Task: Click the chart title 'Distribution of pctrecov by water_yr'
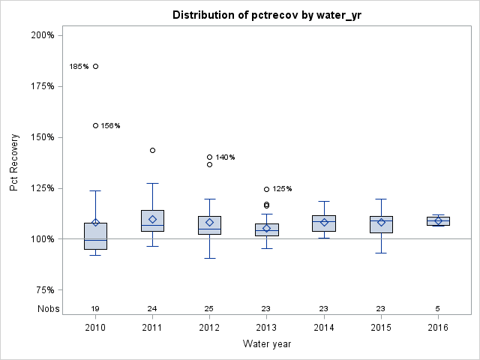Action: coord(266,15)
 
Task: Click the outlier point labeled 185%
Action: coord(95,67)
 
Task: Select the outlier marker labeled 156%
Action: coord(95,125)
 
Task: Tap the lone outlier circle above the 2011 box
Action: coord(152,150)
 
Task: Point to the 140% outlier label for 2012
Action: coord(225,157)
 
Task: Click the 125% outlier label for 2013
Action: coord(282,189)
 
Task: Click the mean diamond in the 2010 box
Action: coord(95,223)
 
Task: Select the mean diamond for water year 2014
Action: coord(324,222)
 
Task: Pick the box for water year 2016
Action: coord(438,220)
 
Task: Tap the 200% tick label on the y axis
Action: coord(41,35)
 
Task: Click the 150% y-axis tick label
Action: coord(41,137)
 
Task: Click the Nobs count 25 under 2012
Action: coord(209,308)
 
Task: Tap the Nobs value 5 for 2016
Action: coord(438,308)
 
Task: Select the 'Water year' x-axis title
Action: coord(266,343)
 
